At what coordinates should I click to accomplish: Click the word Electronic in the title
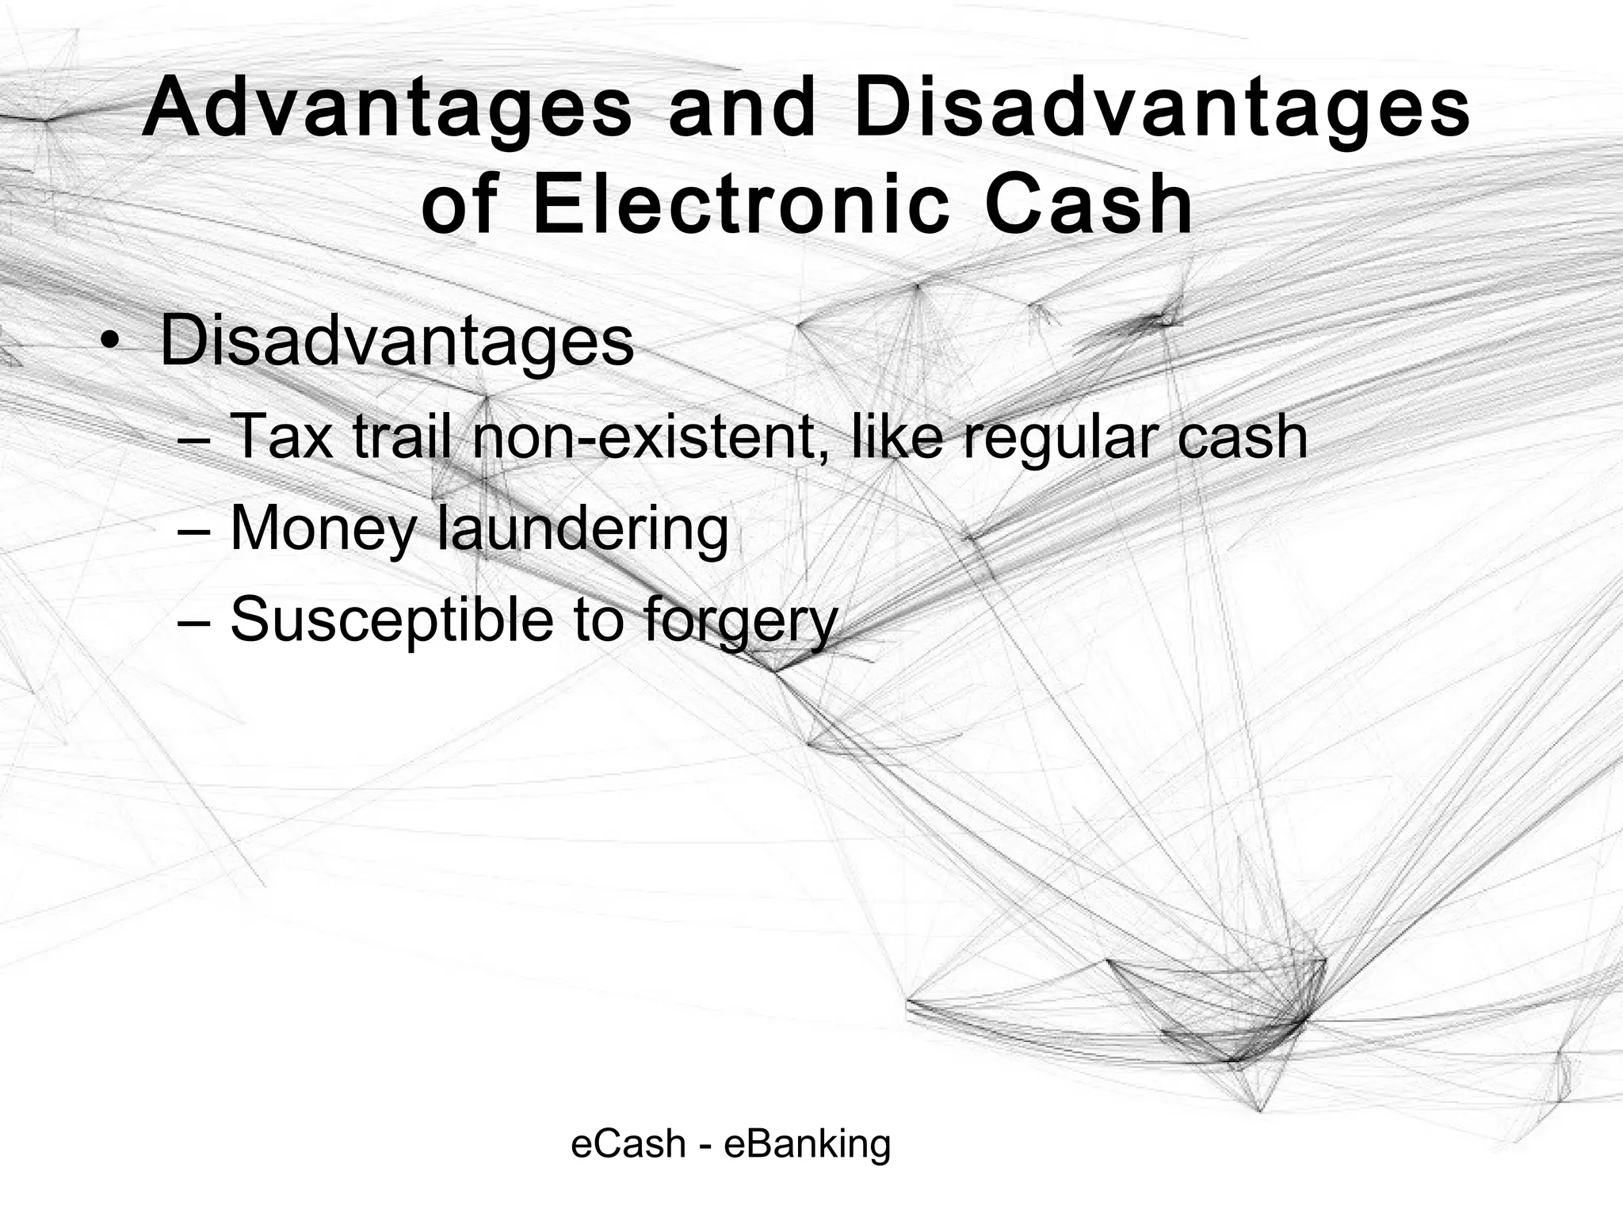pyautogui.click(x=741, y=205)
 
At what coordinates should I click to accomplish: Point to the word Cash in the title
pyautogui.click(x=1089, y=205)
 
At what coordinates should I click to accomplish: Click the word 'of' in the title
pyautogui.click(x=459, y=205)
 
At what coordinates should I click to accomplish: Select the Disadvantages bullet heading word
pyautogui.click(x=396, y=342)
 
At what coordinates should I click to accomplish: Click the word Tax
pyautogui.click(x=281, y=437)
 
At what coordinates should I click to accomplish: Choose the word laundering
pyautogui.click(x=582, y=529)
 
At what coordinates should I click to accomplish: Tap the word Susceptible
pyautogui.click(x=391, y=620)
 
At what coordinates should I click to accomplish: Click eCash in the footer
pyautogui.click(x=628, y=1144)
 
